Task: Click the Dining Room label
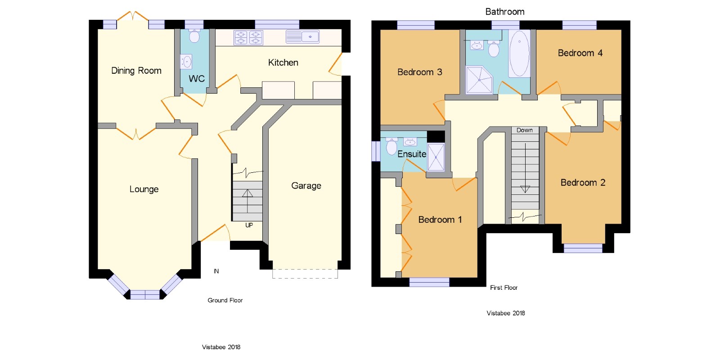(136, 71)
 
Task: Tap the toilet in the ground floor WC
(194, 36)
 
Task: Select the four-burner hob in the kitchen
(248, 38)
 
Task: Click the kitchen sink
(302, 36)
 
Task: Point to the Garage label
(306, 186)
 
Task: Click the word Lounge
(144, 189)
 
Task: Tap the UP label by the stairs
(249, 225)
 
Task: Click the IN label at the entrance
(216, 271)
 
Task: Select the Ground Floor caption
(225, 300)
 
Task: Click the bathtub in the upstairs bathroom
(519, 54)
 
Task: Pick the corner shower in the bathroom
(479, 80)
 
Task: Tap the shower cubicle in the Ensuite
(436, 157)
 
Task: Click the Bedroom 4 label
(580, 53)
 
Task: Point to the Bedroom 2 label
(583, 183)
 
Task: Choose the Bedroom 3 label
(420, 72)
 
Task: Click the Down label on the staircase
(525, 130)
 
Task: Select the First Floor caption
(504, 288)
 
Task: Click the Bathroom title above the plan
(504, 12)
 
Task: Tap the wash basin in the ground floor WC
(186, 62)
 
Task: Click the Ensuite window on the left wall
(376, 151)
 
